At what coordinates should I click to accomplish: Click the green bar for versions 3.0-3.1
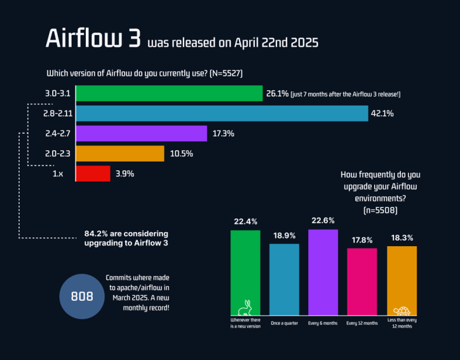click(169, 93)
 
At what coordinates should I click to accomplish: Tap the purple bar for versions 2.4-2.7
click(142, 134)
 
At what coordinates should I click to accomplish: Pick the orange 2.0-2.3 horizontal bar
click(120, 153)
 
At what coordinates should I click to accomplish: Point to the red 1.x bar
click(93, 173)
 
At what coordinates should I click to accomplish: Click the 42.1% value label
click(383, 114)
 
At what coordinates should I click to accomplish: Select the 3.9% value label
click(124, 173)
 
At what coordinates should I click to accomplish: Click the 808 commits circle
click(81, 296)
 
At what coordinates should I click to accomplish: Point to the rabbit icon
click(245, 307)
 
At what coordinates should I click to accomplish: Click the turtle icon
click(402, 310)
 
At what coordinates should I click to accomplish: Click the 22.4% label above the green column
click(245, 221)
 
